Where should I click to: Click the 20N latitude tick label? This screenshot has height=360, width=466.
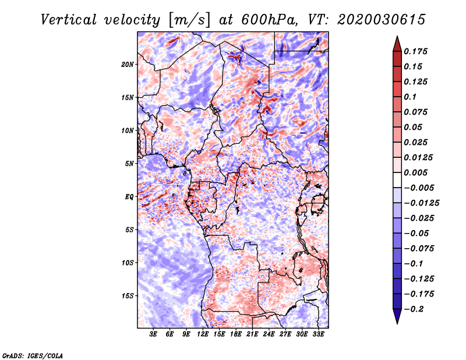(x=128, y=65)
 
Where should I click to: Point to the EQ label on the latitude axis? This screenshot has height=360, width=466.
(x=129, y=197)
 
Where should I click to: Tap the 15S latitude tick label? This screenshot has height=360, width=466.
(x=128, y=296)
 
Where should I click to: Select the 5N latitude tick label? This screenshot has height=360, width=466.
(x=129, y=164)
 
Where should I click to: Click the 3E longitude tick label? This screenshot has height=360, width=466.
(x=153, y=334)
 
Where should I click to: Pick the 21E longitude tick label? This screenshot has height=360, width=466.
(x=252, y=334)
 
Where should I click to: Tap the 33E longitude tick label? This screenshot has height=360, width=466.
(x=318, y=334)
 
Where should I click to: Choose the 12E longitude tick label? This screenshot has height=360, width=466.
(x=203, y=334)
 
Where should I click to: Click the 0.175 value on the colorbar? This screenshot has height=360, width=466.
(x=415, y=51)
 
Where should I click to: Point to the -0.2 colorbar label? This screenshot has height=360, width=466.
(x=414, y=309)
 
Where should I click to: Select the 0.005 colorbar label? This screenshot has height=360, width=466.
(x=415, y=172)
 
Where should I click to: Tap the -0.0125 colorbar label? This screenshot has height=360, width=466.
(x=421, y=203)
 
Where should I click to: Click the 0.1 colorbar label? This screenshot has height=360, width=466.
(x=410, y=97)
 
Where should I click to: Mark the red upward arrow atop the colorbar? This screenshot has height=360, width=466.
(x=397, y=44)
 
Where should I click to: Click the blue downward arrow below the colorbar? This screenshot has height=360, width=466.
(x=397, y=316)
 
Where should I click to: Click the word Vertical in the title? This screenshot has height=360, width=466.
(x=69, y=20)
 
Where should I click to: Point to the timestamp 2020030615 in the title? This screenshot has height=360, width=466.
(x=382, y=20)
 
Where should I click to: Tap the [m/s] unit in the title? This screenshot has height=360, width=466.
(x=189, y=20)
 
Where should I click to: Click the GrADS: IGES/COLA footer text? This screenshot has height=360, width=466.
(x=33, y=355)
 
